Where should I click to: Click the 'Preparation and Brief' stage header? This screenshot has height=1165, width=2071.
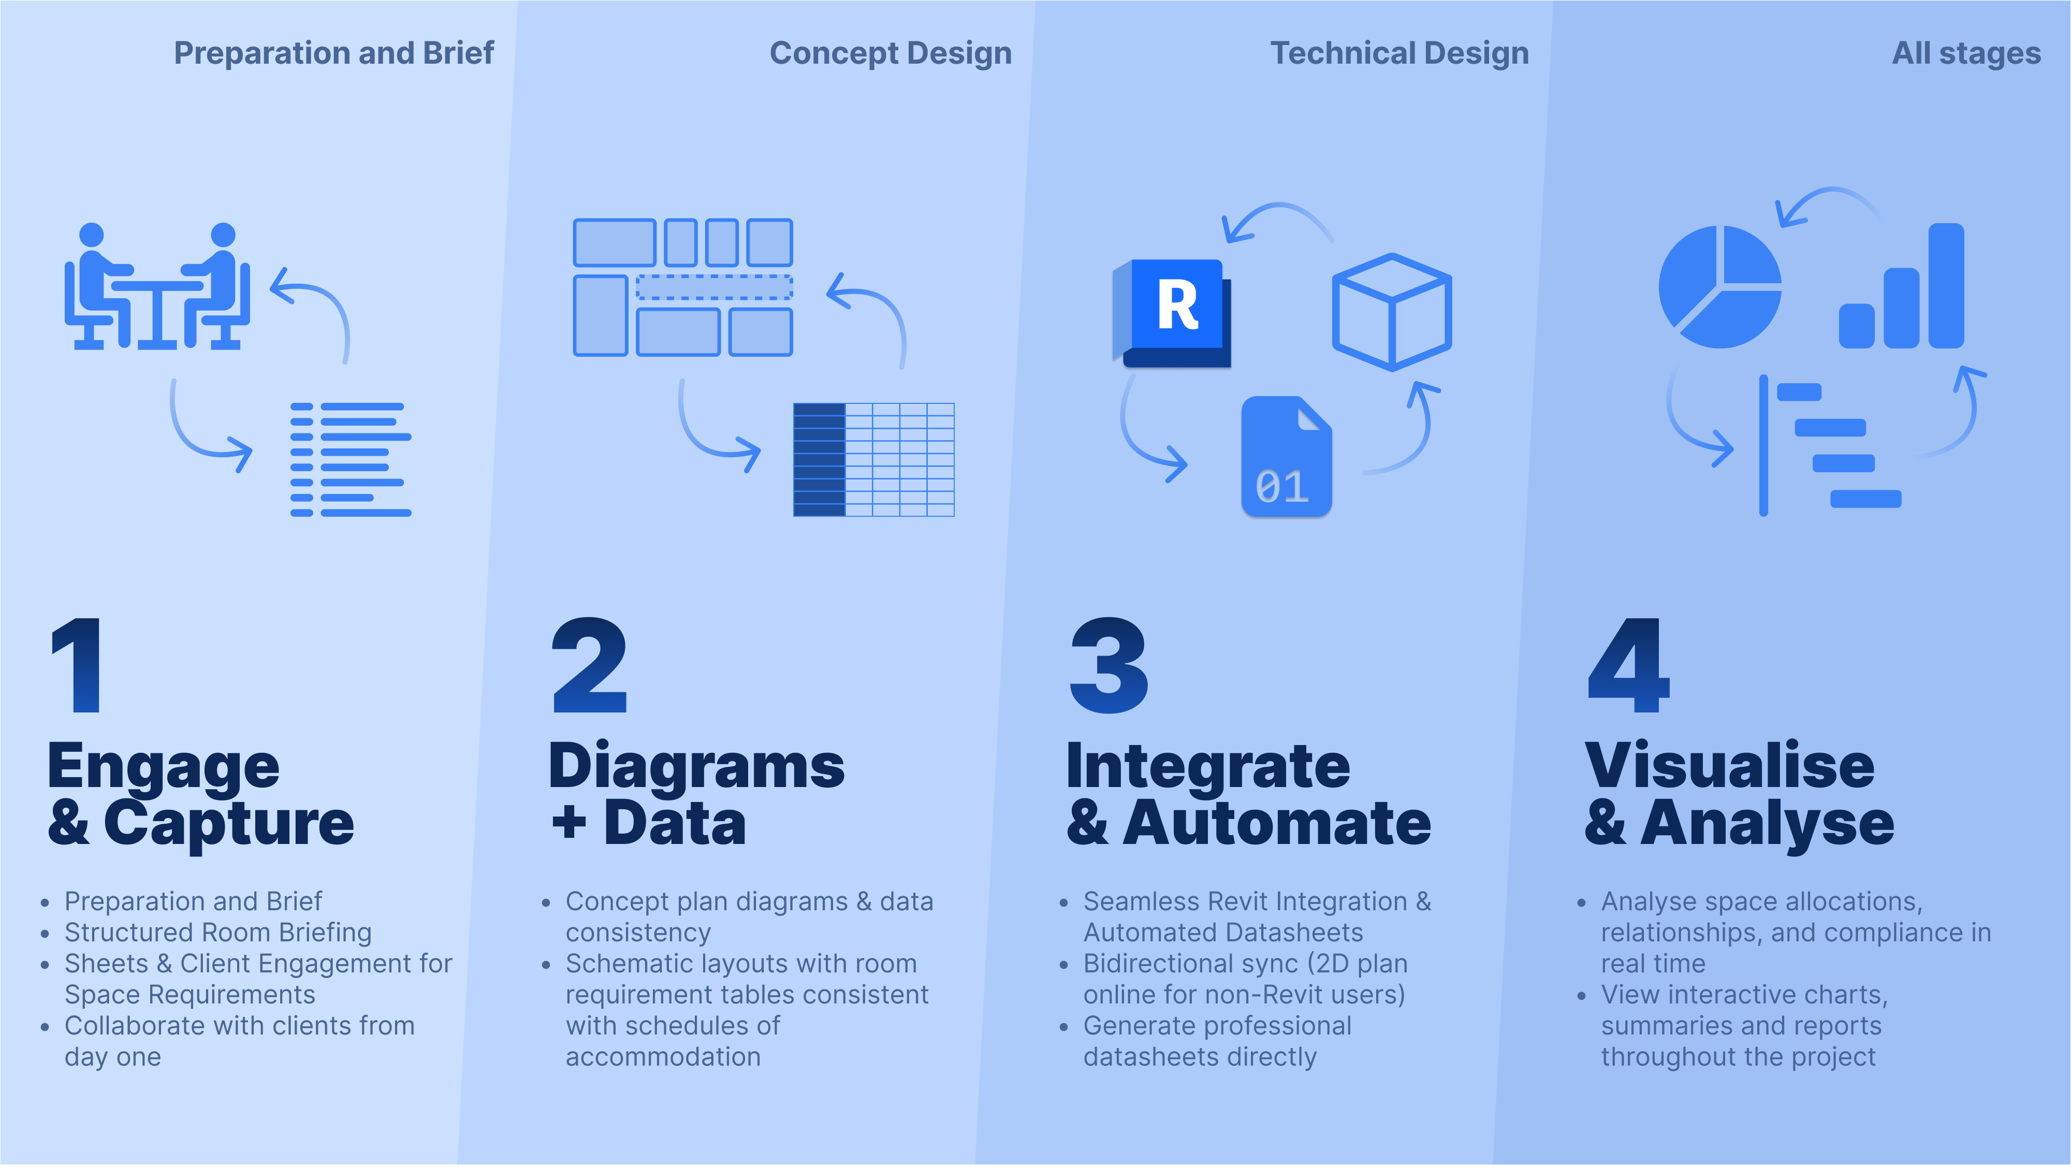click(333, 53)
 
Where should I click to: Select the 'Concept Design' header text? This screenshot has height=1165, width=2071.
click(890, 53)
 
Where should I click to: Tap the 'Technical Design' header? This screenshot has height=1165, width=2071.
click(1399, 53)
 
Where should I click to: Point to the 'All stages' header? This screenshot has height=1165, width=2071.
click(1966, 53)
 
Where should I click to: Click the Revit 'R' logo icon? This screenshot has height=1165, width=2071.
click(1175, 310)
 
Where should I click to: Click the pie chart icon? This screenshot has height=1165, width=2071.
click(1719, 287)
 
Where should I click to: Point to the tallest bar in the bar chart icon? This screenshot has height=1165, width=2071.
click(1946, 285)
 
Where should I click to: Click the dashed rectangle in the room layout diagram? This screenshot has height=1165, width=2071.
click(714, 287)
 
